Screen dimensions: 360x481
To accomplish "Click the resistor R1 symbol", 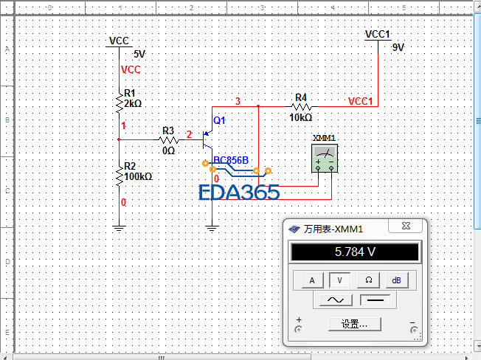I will point(119,103).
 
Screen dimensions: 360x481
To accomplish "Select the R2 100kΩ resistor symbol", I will point(119,176).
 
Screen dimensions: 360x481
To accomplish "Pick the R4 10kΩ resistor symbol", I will point(301,106).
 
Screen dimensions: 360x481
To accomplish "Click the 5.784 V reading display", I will point(355,252).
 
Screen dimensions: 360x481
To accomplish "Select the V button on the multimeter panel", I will point(340,280).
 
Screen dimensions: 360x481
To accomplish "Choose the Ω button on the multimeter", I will point(368,280).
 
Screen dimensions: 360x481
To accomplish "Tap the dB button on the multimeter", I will point(396,280).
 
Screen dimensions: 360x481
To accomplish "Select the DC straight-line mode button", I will point(375,300).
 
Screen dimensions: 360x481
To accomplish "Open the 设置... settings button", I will point(355,324).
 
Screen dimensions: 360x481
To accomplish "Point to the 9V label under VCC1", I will point(398,47).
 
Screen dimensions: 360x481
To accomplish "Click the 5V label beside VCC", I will point(139,54).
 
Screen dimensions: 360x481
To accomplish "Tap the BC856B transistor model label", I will point(231,160).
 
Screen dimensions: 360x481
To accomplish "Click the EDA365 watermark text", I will point(240,193).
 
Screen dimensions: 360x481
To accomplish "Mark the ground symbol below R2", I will point(119,229).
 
